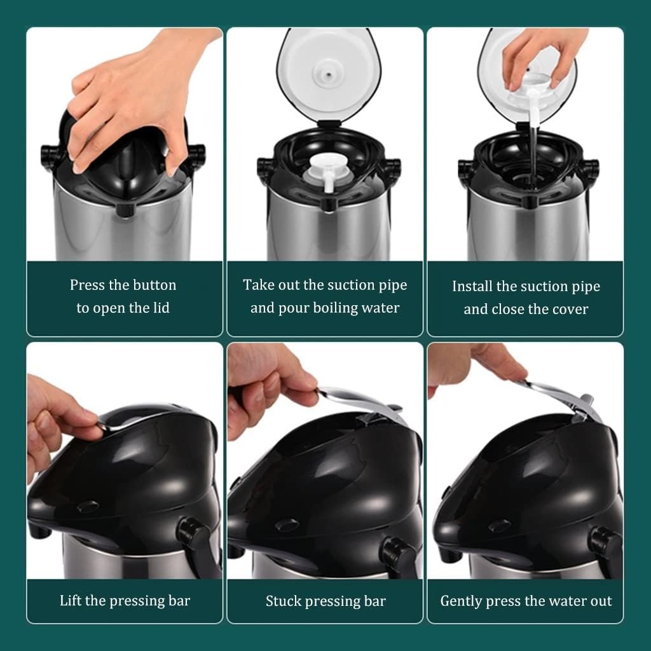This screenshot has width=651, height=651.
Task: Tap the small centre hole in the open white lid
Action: pos(329,75)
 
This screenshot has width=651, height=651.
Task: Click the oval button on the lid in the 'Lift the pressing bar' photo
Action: pos(88,506)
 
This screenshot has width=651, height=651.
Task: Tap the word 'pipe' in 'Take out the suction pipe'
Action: pos(393,286)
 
